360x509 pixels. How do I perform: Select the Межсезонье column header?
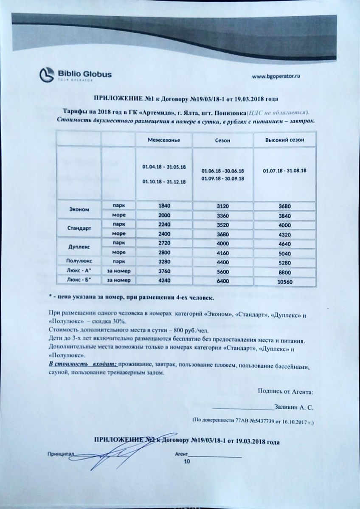pos(163,140)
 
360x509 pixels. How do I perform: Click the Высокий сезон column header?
pos(284,140)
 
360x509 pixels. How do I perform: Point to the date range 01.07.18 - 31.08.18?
pos(284,171)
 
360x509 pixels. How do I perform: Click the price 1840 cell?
pos(163,205)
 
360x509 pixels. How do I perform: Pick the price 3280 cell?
pos(163,262)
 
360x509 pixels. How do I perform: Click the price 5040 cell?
pos(284,253)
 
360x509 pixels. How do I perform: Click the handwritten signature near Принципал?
pos(112,456)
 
